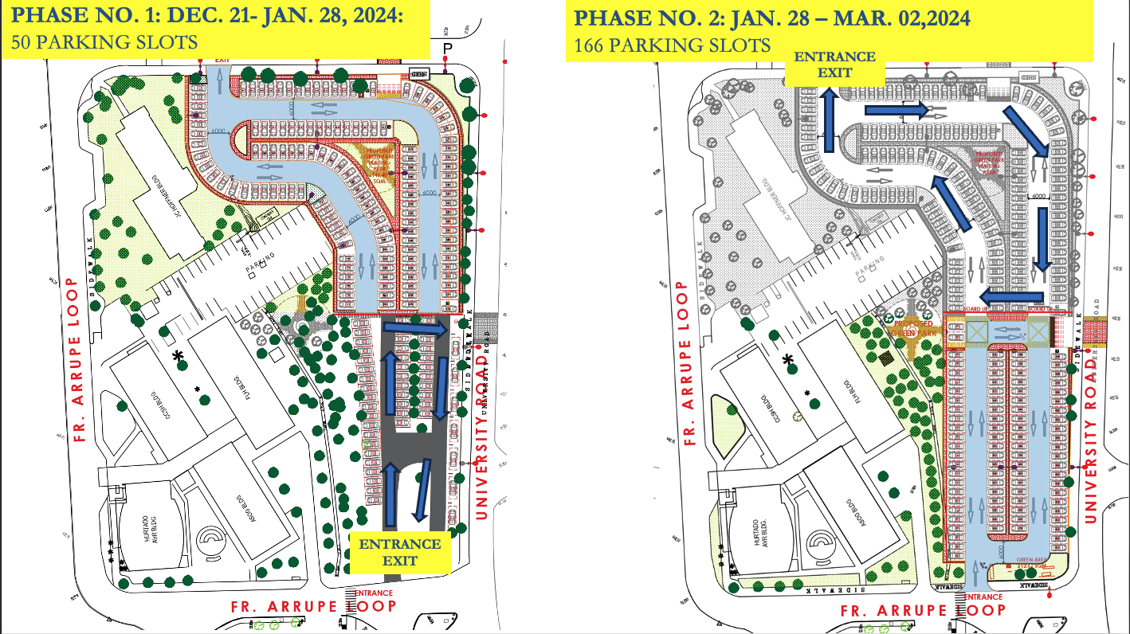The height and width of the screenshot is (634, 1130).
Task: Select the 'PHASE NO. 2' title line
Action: coord(771,18)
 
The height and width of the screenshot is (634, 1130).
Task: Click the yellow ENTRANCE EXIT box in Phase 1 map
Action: coord(400,552)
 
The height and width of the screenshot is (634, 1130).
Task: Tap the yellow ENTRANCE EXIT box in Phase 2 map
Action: coord(834,65)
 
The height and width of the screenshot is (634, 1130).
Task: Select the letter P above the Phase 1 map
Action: coord(447,49)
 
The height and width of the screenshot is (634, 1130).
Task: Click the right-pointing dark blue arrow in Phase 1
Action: coord(414,327)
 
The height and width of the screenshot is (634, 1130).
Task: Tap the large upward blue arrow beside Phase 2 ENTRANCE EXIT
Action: coord(830,119)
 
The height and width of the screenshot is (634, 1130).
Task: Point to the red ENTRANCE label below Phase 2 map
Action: coord(983,597)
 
